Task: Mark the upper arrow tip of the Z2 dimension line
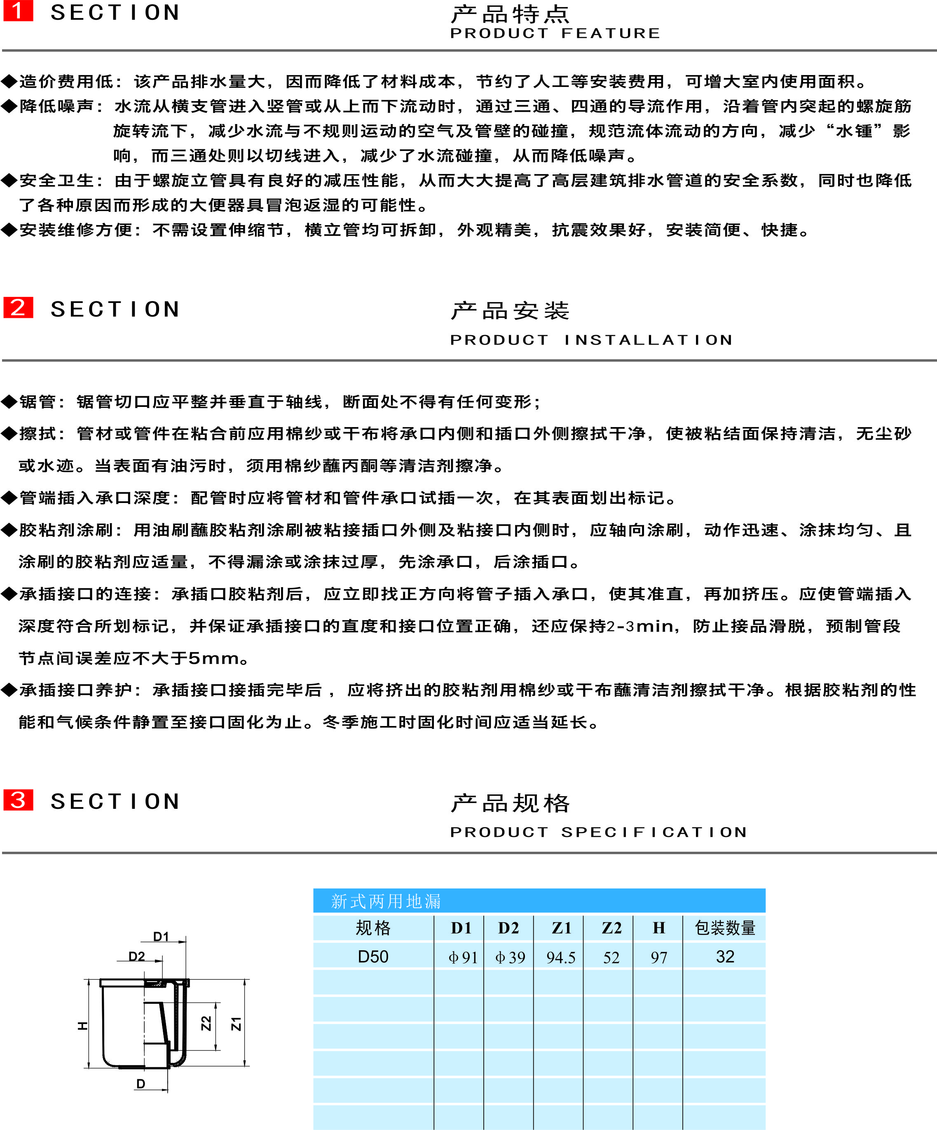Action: point(217,1003)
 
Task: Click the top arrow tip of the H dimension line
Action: point(89,980)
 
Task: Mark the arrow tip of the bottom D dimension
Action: point(168,1090)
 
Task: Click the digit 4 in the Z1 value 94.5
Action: point(557,958)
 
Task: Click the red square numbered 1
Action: point(18,11)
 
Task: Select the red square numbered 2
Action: point(18,307)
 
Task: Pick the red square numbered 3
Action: point(18,800)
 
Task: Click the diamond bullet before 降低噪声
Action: point(9,106)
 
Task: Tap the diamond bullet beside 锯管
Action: point(9,402)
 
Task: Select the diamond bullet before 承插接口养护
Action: point(9,690)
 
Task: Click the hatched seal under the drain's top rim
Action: point(156,984)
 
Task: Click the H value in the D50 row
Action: point(659,958)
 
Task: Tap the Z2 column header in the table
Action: point(611,928)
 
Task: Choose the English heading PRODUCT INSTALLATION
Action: point(591,340)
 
